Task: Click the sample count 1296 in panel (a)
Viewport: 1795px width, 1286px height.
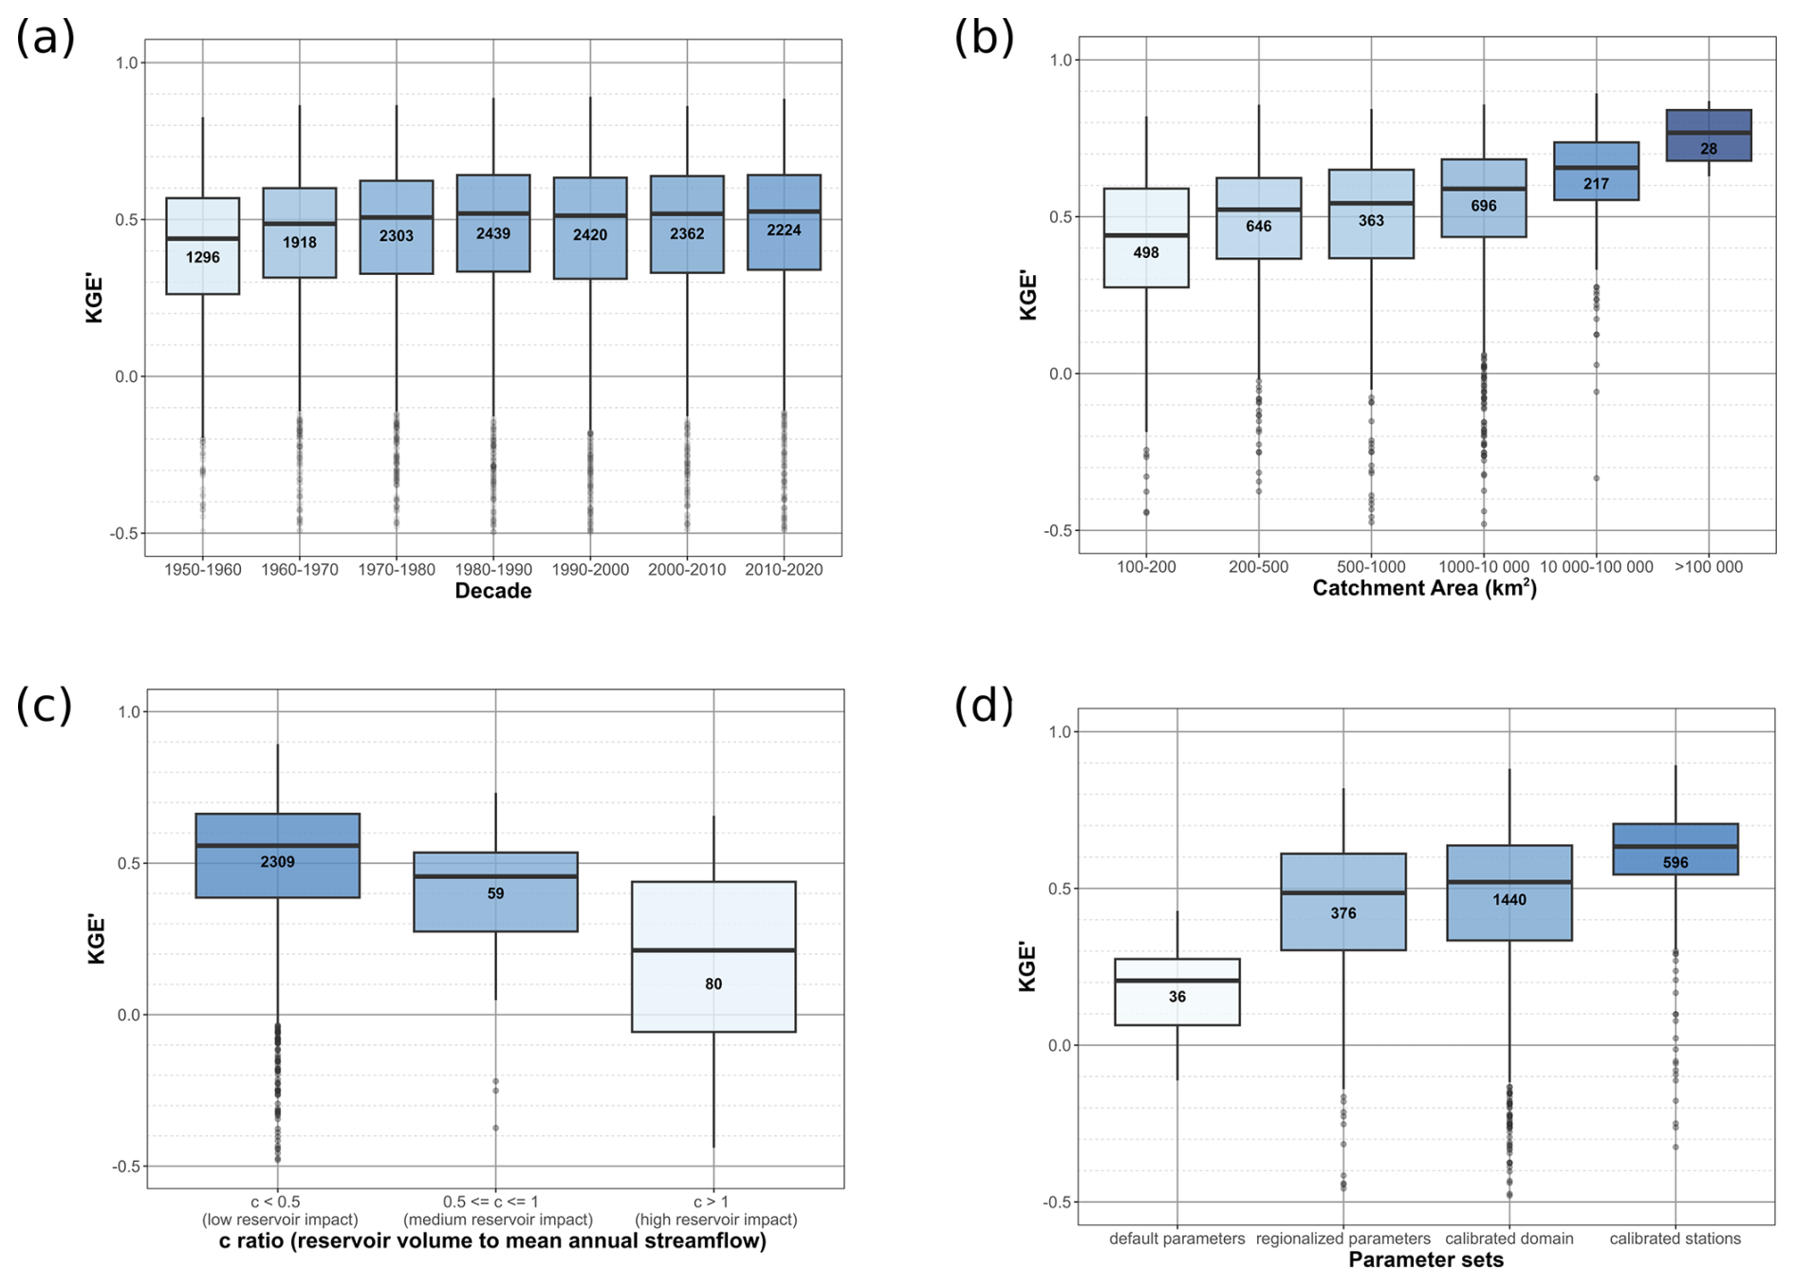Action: pos(202,257)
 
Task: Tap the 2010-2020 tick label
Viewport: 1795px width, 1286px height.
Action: pos(784,569)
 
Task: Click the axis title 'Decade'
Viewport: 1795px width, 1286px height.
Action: pos(492,591)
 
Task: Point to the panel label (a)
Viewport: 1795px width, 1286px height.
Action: pos(45,39)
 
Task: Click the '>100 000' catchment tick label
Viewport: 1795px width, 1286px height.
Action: pos(1709,566)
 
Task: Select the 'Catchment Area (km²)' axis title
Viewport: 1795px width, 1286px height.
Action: pos(1424,588)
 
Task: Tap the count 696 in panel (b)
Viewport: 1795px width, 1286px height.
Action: pos(1484,206)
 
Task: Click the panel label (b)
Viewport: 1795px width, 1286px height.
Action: pos(984,38)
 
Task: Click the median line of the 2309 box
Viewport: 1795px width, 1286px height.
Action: pos(278,845)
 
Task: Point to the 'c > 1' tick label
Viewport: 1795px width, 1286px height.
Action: pos(713,1202)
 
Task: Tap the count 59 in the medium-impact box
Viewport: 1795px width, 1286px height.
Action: pos(495,893)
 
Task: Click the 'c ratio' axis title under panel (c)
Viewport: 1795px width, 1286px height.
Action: pos(492,1240)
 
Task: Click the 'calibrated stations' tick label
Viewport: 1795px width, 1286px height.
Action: pos(1675,1239)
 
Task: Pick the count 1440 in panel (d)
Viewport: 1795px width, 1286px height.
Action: pos(1508,899)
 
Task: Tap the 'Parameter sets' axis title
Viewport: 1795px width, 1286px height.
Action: pos(1426,1259)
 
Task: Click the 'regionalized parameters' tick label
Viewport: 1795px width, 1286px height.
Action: pos(1342,1239)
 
